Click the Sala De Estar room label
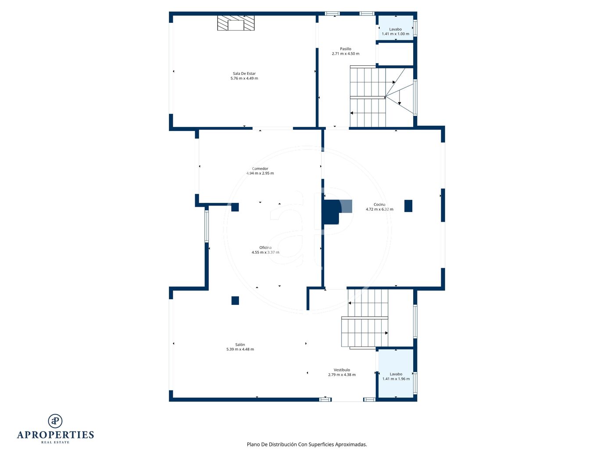click(x=244, y=74)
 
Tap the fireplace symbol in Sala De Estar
click(x=236, y=23)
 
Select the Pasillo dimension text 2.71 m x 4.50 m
click(x=346, y=53)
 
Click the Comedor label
click(x=260, y=168)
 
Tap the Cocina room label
click(x=379, y=205)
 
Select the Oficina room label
click(x=265, y=248)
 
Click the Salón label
click(x=240, y=344)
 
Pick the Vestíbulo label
click(x=342, y=370)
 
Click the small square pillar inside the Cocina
click(x=408, y=206)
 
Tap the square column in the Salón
click(x=235, y=301)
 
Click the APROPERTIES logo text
click(x=55, y=435)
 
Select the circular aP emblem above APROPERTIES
click(x=55, y=421)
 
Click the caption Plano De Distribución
click(x=271, y=444)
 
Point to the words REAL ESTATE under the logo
click(x=55, y=442)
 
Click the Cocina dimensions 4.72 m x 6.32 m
click(x=379, y=209)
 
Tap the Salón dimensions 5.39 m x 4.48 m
click(x=240, y=349)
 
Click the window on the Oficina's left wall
click(x=207, y=226)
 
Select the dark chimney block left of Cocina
click(x=331, y=212)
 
